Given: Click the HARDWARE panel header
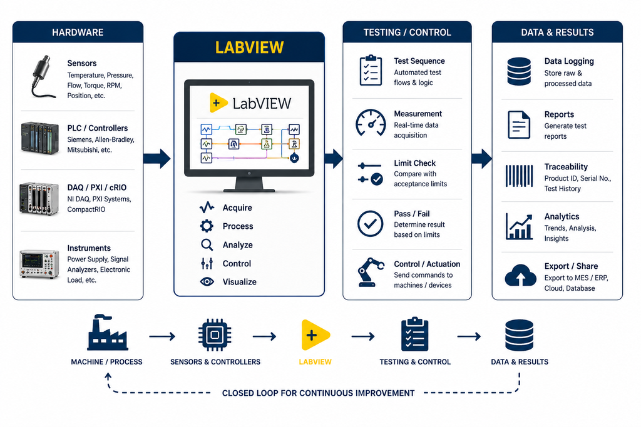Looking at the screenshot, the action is [78, 33].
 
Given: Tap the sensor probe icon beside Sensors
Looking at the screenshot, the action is [43, 77].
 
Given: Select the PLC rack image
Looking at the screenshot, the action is [39, 138].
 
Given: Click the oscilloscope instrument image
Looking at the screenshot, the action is [39, 264].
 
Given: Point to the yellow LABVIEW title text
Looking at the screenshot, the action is [249, 48].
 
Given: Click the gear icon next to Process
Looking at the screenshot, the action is [207, 226].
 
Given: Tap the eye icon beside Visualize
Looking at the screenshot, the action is [207, 282].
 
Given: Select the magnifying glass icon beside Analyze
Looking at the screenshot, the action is [207, 245].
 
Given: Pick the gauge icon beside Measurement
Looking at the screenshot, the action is [371, 123].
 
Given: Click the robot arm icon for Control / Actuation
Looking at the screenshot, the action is [371, 272].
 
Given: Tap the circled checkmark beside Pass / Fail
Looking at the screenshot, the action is [371, 224].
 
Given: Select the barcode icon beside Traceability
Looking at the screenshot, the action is [519, 176].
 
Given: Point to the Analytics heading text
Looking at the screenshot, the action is [562, 216].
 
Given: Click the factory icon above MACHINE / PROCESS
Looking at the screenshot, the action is [107, 333].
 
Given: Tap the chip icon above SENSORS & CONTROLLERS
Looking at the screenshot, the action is [215, 335].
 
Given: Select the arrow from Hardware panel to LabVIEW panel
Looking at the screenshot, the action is [157, 158].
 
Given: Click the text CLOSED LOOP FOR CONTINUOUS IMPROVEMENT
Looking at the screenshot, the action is [318, 393].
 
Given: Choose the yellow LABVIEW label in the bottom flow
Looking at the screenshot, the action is [315, 362].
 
